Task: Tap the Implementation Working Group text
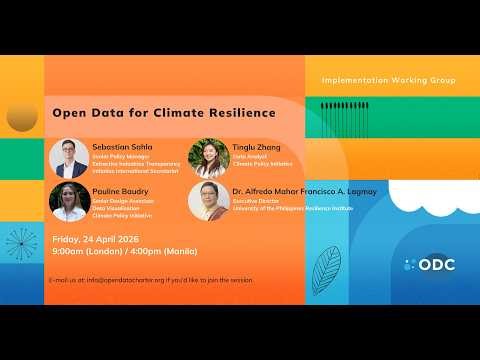[x=388, y=80]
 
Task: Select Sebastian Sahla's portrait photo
[x=68, y=158]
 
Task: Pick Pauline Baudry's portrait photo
[x=68, y=202]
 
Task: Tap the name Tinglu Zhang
[x=256, y=147]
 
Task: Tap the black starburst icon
[x=20, y=244]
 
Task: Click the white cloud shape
[x=440, y=200]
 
